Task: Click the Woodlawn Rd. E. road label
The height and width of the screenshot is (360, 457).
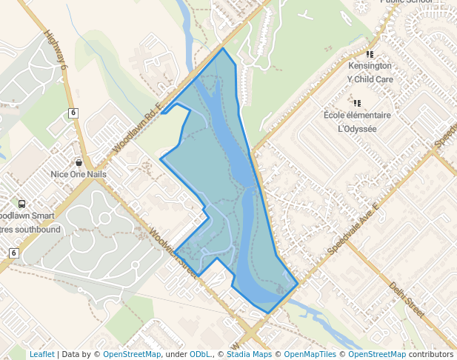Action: pos(138,129)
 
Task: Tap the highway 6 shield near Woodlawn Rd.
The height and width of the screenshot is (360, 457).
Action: pos(73,113)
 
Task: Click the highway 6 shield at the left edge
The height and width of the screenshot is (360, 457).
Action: pos(13,253)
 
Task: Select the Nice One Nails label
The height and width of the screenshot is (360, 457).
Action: pos(79,174)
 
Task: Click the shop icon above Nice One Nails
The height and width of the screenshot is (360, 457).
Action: pos(79,162)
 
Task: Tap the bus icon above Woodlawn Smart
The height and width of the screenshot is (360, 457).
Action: pos(21,204)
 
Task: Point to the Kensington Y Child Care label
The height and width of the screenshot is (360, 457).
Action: pos(370,72)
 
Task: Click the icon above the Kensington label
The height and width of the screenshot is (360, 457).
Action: pos(370,54)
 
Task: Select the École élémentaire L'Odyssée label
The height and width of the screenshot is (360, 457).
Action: pos(357,122)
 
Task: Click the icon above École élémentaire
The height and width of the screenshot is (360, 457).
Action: pos(357,104)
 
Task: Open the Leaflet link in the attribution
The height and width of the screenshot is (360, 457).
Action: pos(41,354)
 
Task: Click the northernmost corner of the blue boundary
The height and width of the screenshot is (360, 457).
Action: pos(223,49)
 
